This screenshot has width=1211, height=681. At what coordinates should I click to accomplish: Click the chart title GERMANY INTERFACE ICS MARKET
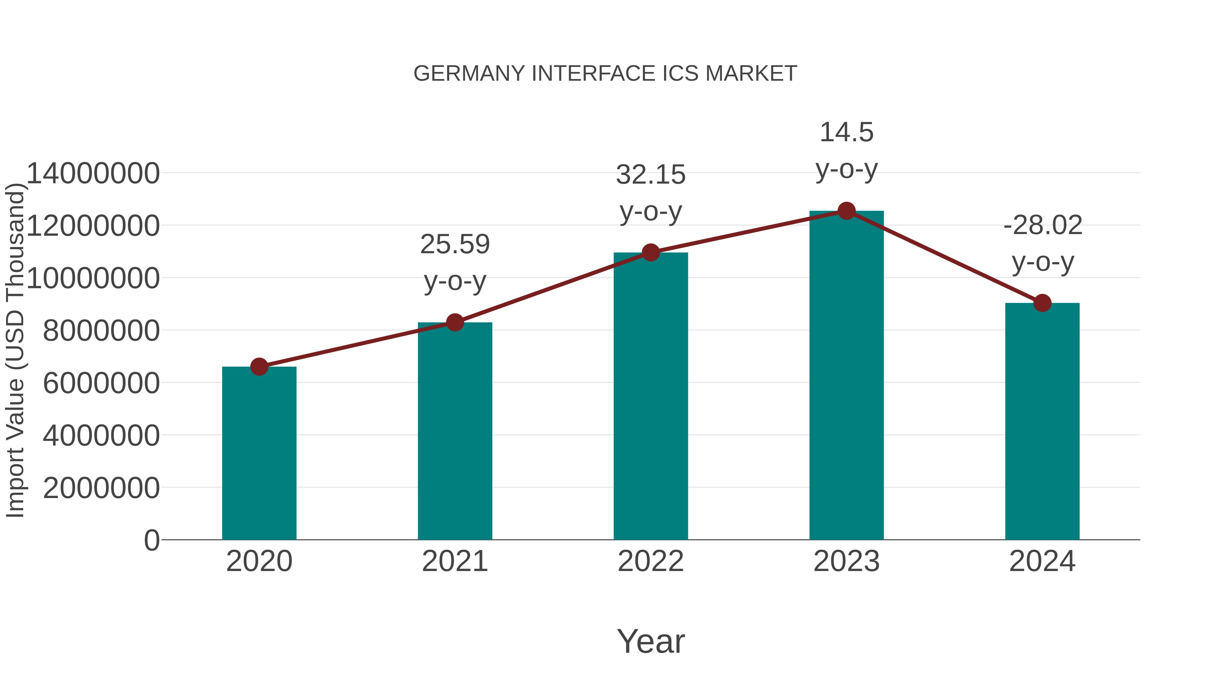[605, 74]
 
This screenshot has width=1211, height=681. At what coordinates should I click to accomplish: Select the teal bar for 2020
[259, 454]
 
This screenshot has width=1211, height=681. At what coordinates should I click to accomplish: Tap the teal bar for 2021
[454, 431]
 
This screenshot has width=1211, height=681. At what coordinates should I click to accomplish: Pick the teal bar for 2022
[651, 396]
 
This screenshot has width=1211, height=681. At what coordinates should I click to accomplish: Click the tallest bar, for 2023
[846, 376]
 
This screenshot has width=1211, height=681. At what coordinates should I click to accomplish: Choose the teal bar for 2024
[1042, 422]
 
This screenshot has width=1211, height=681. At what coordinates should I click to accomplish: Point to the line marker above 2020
[259, 367]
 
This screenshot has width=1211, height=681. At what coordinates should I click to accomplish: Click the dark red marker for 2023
[846, 211]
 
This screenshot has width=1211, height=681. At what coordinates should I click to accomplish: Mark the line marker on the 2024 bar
[1042, 303]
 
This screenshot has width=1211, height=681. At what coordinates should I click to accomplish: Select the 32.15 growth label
[651, 193]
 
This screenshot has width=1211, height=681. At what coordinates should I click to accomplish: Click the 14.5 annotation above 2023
[846, 150]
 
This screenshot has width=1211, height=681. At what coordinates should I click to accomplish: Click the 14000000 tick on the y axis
[93, 174]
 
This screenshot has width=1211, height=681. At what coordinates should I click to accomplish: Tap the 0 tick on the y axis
[152, 540]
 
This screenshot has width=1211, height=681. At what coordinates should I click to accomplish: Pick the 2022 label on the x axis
[651, 561]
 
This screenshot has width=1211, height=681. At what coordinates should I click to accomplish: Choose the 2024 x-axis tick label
[1042, 561]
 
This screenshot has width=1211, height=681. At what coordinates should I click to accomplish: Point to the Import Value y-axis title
[15, 350]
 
